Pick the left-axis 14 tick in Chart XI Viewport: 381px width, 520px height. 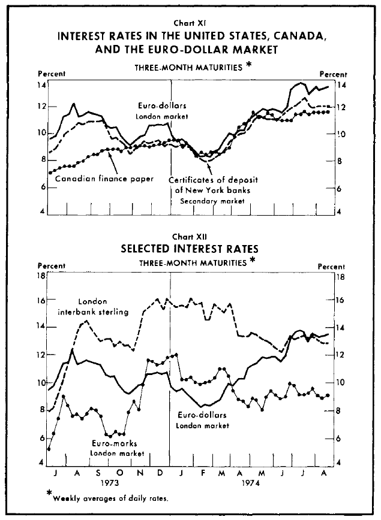42,86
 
